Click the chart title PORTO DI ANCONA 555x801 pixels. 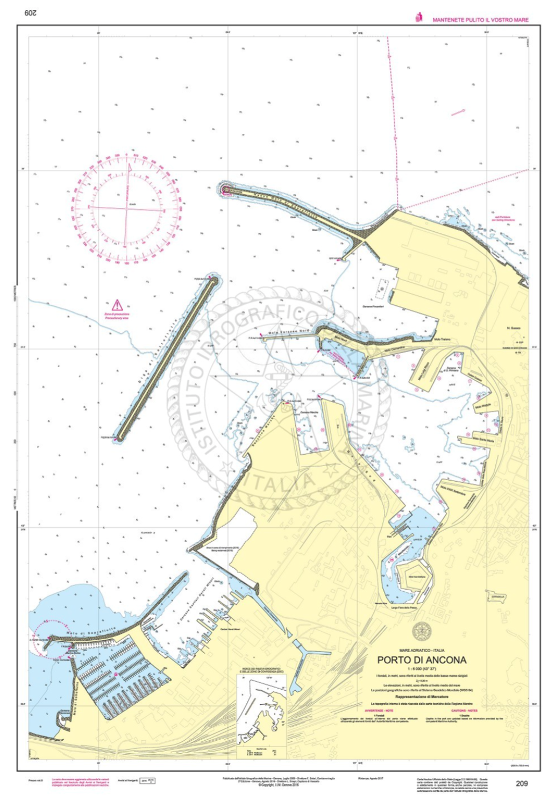click(x=422, y=660)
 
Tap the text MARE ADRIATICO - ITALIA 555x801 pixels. click(x=422, y=650)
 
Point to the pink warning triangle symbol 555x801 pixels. click(x=117, y=306)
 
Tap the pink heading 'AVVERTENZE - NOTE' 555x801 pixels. click(x=379, y=711)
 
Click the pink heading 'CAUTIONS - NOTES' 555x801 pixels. click(x=466, y=711)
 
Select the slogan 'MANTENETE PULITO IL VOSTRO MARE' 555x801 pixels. click(x=480, y=20)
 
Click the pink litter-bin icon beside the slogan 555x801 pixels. click(x=419, y=18)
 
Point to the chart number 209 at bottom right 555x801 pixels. click(x=521, y=783)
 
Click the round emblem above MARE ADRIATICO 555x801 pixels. click(x=422, y=630)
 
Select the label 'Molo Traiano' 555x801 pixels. click(x=442, y=340)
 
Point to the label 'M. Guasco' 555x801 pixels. click(x=513, y=327)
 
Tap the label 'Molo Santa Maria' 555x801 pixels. click(x=482, y=439)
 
